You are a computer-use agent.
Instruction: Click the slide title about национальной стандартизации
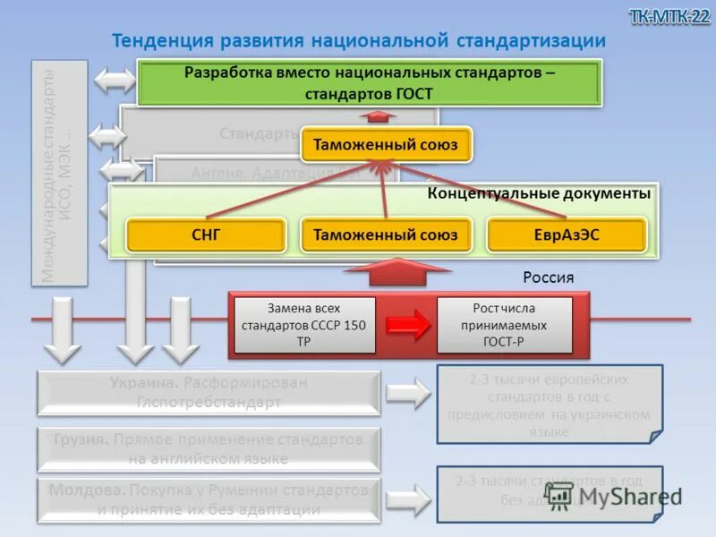point(358,41)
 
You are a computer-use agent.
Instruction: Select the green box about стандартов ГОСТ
point(369,82)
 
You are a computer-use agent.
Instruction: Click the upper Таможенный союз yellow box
point(385,144)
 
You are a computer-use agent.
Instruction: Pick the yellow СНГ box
point(206,235)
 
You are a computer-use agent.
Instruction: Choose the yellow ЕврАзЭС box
point(566,235)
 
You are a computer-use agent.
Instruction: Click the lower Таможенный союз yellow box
point(385,235)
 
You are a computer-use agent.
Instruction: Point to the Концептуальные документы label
point(539,193)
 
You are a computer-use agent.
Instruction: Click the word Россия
point(548,277)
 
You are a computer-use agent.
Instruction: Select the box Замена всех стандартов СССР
point(304,325)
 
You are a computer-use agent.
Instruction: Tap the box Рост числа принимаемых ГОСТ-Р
point(504,325)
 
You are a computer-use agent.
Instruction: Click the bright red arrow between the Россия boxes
point(408,325)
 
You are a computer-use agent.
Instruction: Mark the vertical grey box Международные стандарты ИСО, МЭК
point(61,173)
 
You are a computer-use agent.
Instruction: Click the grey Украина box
point(209,393)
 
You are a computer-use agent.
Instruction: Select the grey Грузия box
point(209,449)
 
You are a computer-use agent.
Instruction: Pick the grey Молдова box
point(209,500)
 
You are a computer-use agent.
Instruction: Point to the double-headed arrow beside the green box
point(115,81)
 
